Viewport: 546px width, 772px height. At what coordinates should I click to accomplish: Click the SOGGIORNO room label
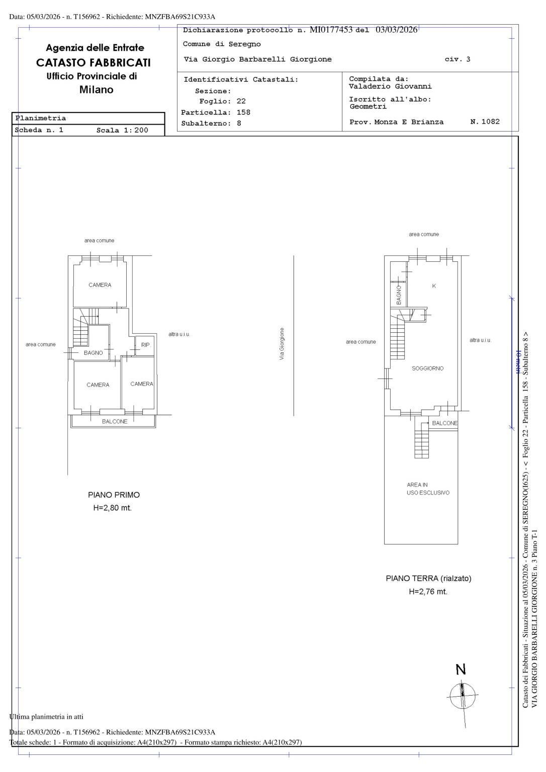[427, 368]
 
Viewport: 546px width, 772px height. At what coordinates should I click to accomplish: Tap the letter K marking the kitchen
[434, 286]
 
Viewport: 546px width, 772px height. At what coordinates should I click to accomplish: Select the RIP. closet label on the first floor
[145, 345]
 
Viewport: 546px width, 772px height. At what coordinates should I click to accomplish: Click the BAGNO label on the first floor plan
[93, 353]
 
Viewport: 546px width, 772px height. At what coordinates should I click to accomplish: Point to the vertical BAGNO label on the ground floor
[399, 295]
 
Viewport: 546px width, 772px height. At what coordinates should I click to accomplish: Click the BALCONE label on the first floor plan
[115, 421]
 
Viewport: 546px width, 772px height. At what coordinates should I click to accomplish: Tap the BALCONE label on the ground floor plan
[444, 423]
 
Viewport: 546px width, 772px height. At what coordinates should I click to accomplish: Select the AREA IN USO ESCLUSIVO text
[428, 489]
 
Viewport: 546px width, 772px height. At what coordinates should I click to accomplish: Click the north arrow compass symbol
[462, 696]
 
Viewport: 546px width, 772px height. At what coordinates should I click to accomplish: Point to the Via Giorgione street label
[282, 344]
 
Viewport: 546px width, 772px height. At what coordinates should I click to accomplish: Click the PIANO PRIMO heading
[114, 495]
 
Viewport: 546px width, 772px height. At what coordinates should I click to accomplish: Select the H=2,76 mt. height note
[428, 592]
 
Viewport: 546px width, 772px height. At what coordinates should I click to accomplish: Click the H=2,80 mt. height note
[113, 508]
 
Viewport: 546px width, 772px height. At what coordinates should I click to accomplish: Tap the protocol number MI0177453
[331, 30]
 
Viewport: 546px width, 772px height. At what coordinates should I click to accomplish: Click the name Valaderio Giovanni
[390, 86]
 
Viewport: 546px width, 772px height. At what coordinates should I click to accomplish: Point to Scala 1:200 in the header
[122, 130]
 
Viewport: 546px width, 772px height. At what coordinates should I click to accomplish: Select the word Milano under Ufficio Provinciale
[96, 90]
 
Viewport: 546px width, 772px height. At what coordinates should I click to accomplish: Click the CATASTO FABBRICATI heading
[94, 63]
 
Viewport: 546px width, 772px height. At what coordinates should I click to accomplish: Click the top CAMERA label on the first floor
[100, 285]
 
